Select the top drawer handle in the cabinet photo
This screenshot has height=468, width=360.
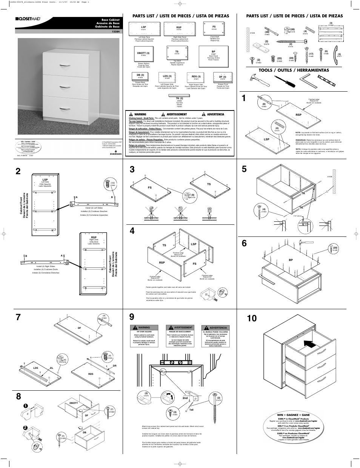(x=65, y=66)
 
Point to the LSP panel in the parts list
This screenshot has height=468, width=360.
(x=143, y=29)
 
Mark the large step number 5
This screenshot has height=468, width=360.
(x=245, y=169)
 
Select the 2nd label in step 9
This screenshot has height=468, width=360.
(x=185, y=397)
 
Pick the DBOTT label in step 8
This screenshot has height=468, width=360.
(x=73, y=403)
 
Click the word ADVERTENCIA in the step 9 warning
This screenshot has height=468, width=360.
(x=218, y=328)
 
